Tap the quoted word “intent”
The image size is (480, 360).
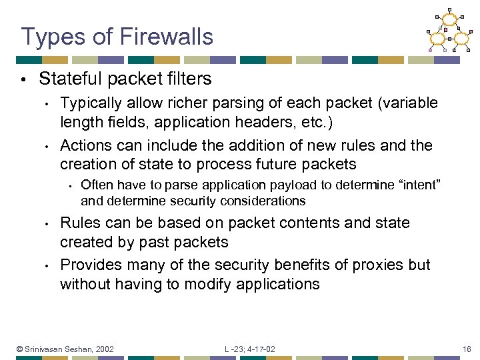pos(415,184)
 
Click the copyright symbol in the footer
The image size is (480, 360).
pos(21,349)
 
